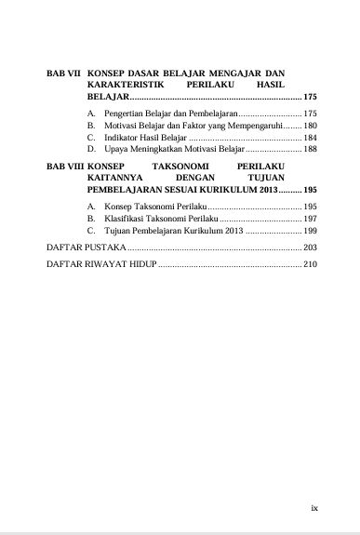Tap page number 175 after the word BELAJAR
[x=311, y=98]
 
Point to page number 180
[x=311, y=125]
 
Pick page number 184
[x=311, y=137]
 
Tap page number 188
[x=311, y=149]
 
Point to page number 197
[x=311, y=217]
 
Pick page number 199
[x=311, y=229]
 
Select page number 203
[x=311, y=247]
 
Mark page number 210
[x=311, y=266]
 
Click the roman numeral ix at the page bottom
[x=314, y=508]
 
